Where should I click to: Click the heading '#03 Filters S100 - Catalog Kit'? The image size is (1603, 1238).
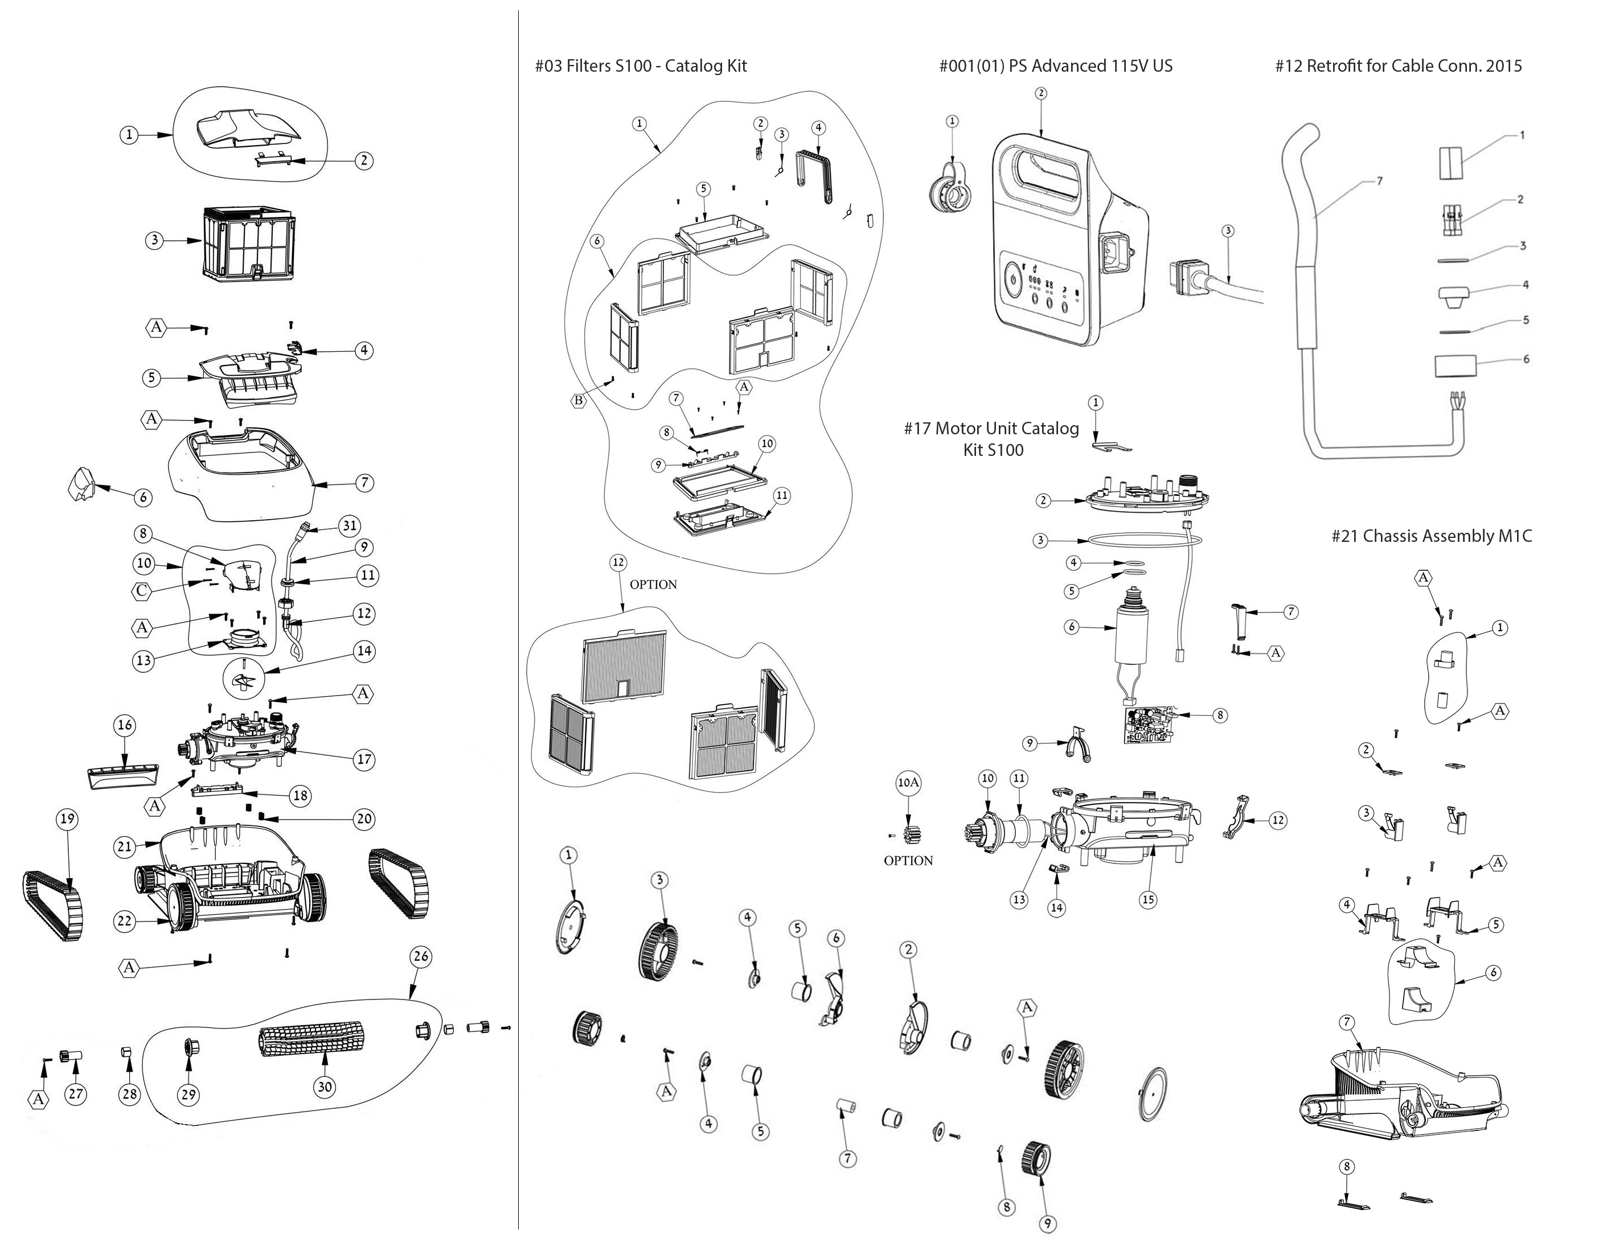pos(641,66)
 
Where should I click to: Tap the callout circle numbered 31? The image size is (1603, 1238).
pos(350,525)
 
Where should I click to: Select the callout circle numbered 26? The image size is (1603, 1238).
pos(421,956)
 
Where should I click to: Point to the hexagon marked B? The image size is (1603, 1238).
pos(579,400)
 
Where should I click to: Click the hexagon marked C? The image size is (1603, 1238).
pos(142,591)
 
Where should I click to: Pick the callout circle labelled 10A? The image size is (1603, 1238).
pos(908,783)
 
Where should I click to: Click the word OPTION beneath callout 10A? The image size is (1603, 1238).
pos(908,861)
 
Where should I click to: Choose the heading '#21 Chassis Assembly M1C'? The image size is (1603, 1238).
pos(1431,536)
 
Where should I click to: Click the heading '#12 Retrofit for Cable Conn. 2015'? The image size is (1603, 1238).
pos(1398,66)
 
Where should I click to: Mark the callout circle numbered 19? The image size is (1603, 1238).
pos(68,819)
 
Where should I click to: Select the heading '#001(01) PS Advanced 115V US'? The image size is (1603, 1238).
pos(1055,66)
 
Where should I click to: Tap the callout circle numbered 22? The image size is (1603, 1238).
pos(125,921)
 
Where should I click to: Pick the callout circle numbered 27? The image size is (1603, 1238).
pos(76,1094)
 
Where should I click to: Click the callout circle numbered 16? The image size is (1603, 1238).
pos(125,725)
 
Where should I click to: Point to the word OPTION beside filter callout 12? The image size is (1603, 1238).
pos(653,585)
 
